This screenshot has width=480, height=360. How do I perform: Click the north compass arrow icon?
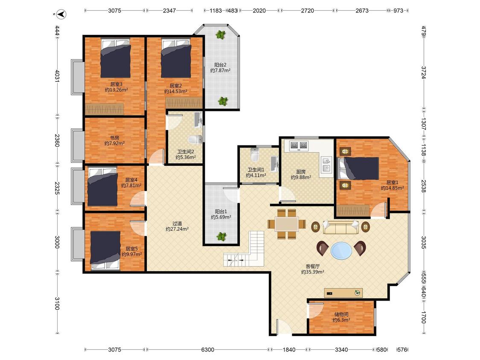click(x=62, y=14)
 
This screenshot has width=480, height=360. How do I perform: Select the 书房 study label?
click(x=114, y=138)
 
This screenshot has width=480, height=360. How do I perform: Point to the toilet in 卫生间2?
click(x=195, y=139)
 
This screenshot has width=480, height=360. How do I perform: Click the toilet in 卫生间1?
click(x=254, y=154)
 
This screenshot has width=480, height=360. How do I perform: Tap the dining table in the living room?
click(x=287, y=224)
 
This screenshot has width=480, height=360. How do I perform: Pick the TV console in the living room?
click(x=343, y=293)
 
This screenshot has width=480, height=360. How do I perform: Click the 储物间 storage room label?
click(x=341, y=314)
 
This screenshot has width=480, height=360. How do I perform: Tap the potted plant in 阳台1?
click(x=221, y=236)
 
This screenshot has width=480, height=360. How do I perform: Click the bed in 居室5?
click(x=105, y=250)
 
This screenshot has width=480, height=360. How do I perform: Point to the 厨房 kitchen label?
click(x=301, y=172)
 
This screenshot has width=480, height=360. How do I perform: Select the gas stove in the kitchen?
click(x=299, y=145)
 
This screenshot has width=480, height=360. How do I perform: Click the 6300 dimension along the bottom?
click(x=207, y=350)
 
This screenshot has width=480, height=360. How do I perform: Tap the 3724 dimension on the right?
click(x=424, y=73)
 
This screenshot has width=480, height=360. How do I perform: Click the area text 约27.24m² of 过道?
click(x=177, y=229)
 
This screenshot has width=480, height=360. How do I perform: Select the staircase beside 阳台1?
click(x=244, y=250)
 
